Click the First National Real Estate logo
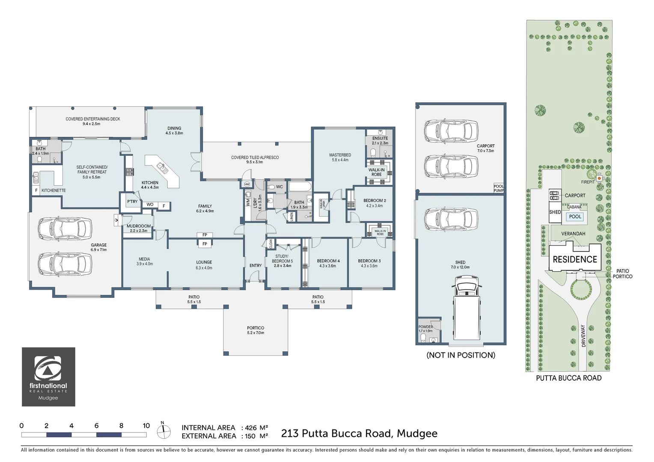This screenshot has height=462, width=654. [x=48, y=376]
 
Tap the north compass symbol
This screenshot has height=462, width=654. [x=163, y=431]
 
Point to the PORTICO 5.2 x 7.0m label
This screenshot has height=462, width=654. [x=256, y=330]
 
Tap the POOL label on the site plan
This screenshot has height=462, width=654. [x=575, y=217]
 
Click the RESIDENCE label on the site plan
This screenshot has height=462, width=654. [x=575, y=260]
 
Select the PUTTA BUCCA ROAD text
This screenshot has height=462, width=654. [x=568, y=378]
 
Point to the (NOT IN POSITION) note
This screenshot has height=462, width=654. [x=461, y=355]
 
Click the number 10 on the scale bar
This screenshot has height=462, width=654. [x=146, y=426]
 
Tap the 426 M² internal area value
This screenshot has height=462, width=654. [x=256, y=428]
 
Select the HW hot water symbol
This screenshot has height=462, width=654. [x=247, y=184]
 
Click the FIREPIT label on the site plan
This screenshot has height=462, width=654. [x=588, y=182]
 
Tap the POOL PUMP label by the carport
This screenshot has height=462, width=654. [x=499, y=188]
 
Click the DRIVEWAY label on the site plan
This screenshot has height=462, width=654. [x=583, y=336]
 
